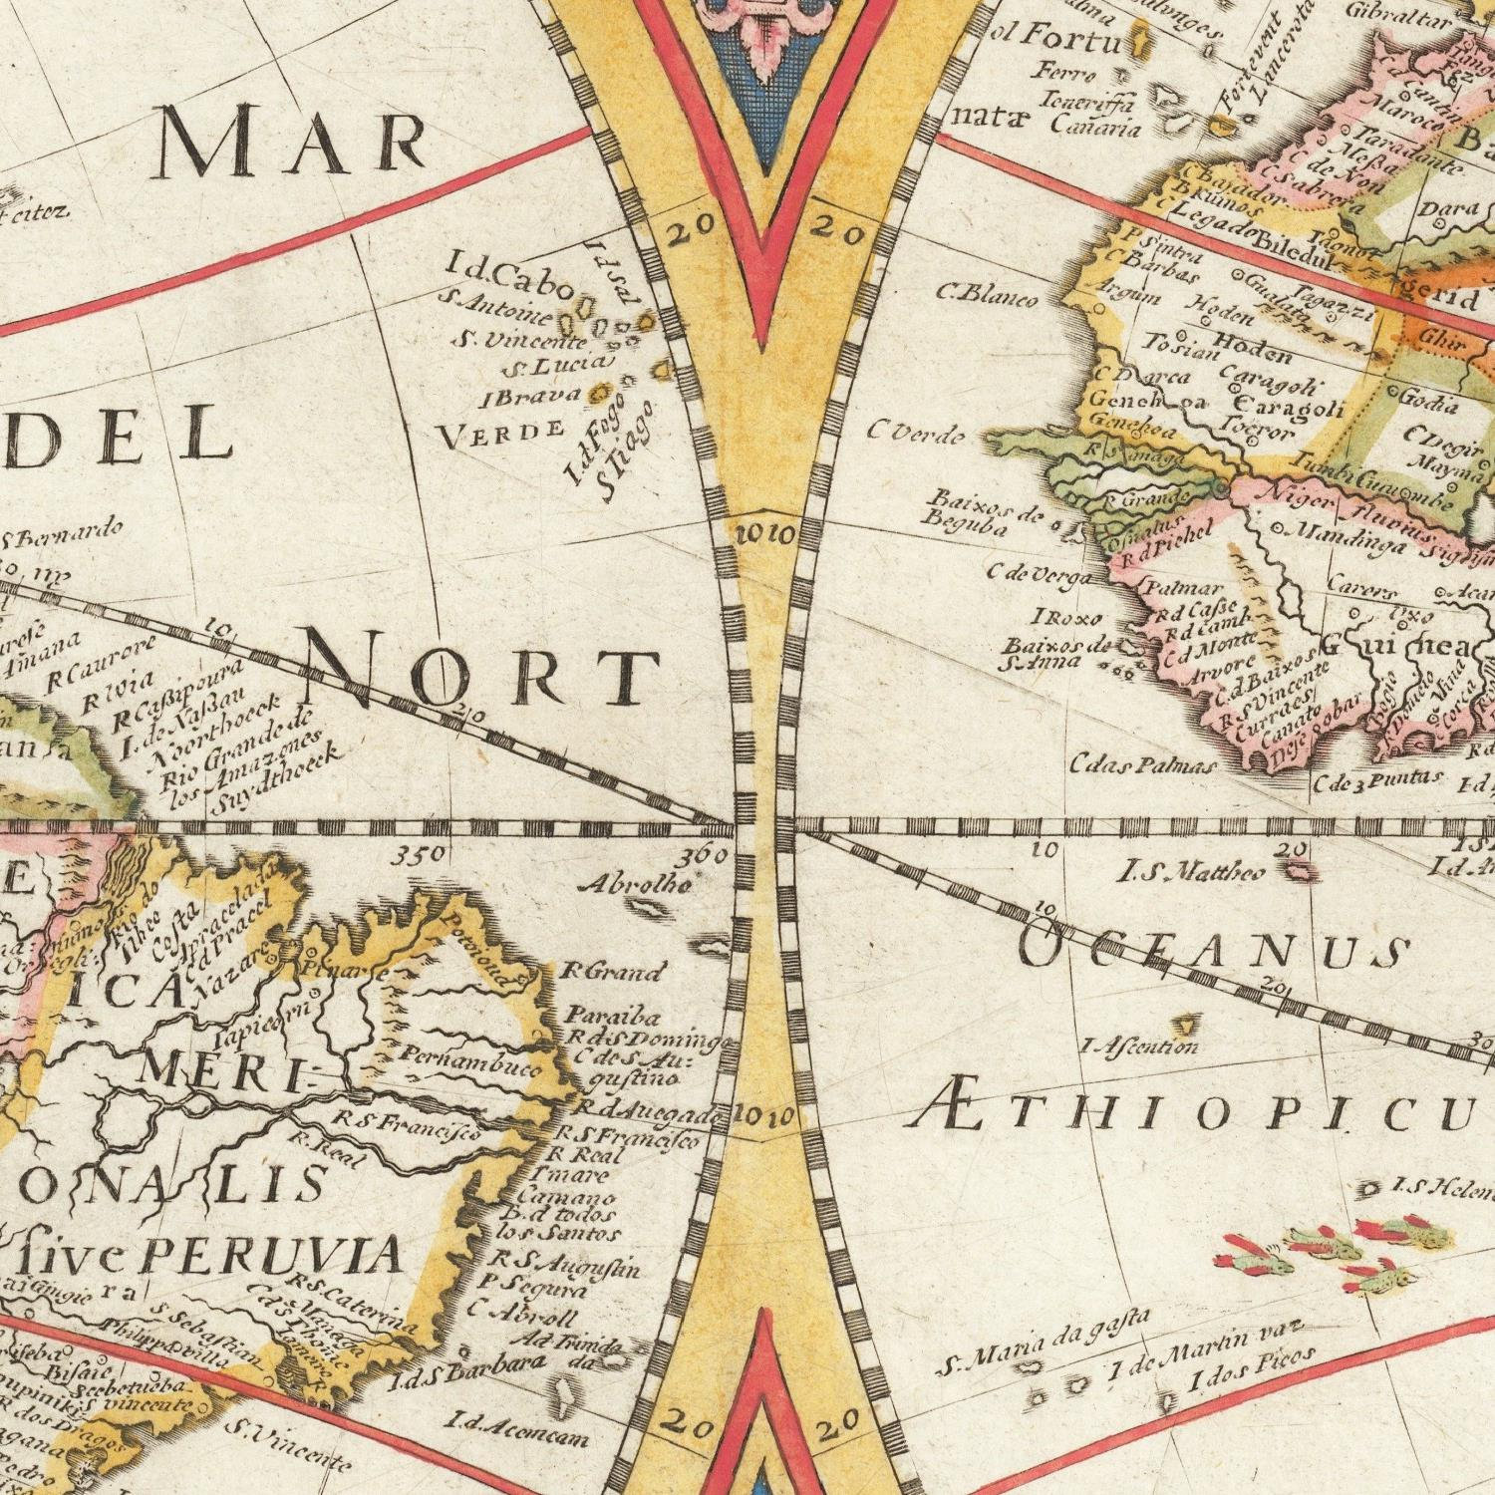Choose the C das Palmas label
click(1143, 765)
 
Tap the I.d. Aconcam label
click(516, 1427)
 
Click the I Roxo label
click(1068, 617)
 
